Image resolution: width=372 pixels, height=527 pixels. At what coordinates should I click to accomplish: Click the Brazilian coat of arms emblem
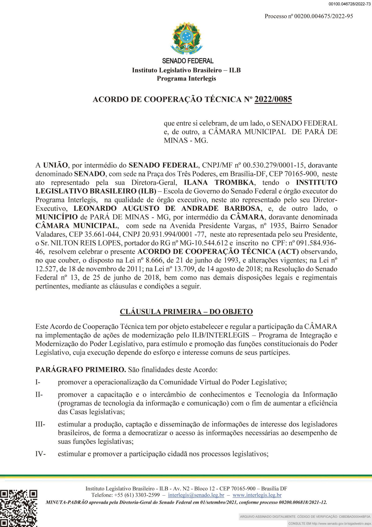(x=187, y=38)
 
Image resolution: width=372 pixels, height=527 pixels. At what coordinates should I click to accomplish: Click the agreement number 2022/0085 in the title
(x=273, y=99)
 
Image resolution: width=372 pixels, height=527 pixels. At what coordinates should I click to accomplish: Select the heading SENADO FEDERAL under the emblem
(x=188, y=61)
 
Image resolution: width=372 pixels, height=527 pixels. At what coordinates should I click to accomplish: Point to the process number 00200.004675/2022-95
(x=324, y=16)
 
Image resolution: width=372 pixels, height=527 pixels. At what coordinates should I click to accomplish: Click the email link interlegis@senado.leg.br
(x=196, y=495)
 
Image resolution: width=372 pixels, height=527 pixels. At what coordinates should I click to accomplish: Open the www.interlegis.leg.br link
(x=257, y=495)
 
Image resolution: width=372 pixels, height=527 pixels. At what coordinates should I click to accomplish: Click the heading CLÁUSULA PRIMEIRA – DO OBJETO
(x=186, y=312)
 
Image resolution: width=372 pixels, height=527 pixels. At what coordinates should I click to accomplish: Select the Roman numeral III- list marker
(x=40, y=424)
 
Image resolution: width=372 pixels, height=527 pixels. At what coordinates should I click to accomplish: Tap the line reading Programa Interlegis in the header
(x=186, y=79)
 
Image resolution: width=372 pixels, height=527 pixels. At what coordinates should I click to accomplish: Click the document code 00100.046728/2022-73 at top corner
(x=349, y=4)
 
